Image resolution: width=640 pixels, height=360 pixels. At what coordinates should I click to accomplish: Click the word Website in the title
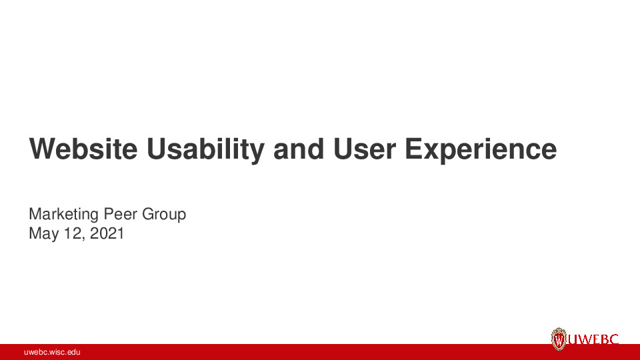coord(83,149)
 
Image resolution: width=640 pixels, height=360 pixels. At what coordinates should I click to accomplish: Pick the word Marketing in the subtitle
coord(64,215)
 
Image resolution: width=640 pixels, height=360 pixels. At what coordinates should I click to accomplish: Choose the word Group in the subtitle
coord(164,215)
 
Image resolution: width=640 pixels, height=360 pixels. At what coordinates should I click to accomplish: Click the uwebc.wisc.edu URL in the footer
coord(52,352)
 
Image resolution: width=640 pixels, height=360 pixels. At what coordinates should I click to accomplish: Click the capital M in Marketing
coord(35,215)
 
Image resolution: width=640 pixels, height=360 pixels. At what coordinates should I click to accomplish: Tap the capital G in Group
coord(147,215)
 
